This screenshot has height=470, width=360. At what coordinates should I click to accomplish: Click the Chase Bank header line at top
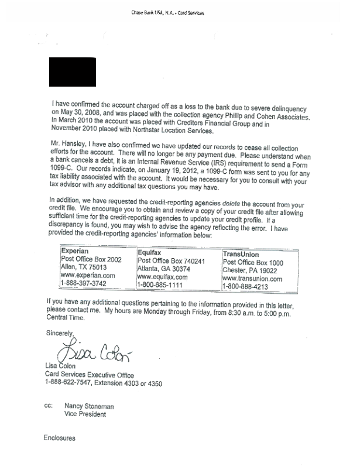(x=180, y=13)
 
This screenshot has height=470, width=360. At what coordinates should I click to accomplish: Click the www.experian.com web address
(x=88, y=275)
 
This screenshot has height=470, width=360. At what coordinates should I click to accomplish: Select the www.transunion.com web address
(x=253, y=279)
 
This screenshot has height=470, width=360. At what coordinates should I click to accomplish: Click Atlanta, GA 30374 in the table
(x=166, y=269)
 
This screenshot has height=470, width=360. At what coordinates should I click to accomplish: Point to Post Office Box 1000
(x=253, y=263)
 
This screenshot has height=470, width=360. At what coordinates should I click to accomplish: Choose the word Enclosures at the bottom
(x=60, y=437)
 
